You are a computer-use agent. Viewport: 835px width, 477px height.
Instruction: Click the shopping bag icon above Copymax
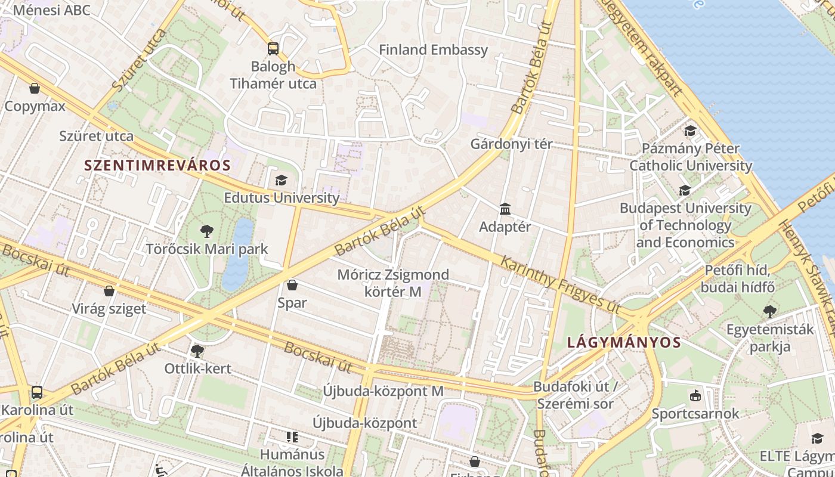pyautogui.click(x=35, y=89)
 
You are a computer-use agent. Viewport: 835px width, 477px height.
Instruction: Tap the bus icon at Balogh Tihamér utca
pyautogui.click(x=273, y=49)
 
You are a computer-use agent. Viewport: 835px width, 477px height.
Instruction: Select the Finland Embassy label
pyautogui.click(x=434, y=50)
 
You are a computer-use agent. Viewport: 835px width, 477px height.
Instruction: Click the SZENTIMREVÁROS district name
pyautogui.click(x=157, y=166)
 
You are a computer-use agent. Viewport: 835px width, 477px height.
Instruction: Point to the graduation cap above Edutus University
pyautogui.click(x=281, y=180)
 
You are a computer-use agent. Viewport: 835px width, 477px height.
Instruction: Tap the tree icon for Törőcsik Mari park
pyautogui.click(x=207, y=231)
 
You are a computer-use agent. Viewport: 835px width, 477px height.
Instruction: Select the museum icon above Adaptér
pyautogui.click(x=505, y=209)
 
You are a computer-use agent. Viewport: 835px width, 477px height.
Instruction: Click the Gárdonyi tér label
pyautogui.click(x=511, y=144)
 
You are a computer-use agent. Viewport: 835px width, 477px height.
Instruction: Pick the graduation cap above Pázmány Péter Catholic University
pyautogui.click(x=691, y=131)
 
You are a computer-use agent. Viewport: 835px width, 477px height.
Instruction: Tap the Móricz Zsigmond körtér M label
pyautogui.click(x=393, y=283)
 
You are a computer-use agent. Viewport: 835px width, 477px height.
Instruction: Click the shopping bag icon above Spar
pyautogui.click(x=292, y=285)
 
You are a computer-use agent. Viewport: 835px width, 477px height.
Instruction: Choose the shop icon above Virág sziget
pyautogui.click(x=109, y=291)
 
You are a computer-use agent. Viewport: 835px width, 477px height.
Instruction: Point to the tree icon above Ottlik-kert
pyautogui.click(x=197, y=351)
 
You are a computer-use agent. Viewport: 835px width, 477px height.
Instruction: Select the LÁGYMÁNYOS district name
pyautogui.click(x=624, y=343)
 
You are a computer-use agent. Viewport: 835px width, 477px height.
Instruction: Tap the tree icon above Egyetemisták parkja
pyautogui.click(x=770, y=311)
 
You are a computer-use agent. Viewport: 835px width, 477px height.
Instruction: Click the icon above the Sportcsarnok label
pyautogui.click(x=695, y=395)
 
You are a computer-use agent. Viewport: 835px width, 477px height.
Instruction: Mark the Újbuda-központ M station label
pyautogui.click(x=384, y=391)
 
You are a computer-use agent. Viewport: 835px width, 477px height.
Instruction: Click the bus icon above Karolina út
pyautogui.click(x=37, y=392)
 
